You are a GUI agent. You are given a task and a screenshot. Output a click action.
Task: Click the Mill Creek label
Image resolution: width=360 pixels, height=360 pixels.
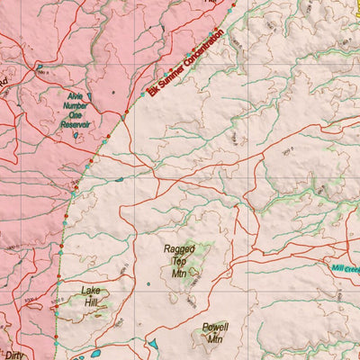(346, 268)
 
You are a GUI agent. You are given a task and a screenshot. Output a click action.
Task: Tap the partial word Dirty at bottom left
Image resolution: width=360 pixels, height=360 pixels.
(13, 355)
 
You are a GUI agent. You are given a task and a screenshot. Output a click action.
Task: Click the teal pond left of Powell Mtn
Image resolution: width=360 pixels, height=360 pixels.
(154, 344)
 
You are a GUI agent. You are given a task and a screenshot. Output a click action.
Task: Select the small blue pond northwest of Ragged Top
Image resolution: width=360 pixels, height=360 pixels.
(120, 178)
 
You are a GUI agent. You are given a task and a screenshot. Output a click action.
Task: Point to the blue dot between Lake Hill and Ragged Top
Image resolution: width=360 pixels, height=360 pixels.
(148, 284)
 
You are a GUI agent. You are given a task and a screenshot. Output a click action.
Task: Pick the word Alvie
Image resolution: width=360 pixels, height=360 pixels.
(77, 94)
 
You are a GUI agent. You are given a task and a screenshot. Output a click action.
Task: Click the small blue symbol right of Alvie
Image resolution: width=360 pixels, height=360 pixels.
(114, 93)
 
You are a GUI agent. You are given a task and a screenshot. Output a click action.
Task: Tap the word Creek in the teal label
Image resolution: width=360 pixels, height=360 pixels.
(353, 268)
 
